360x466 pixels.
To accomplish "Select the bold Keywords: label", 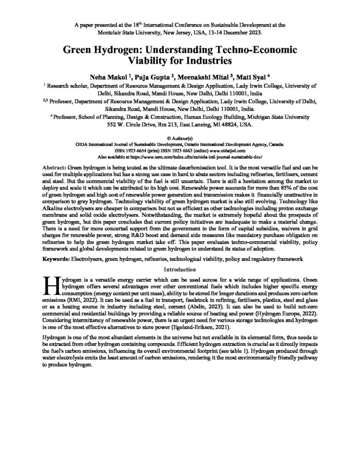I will click(x=63, y=258).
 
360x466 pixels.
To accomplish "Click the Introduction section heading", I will click(x=180, y=269).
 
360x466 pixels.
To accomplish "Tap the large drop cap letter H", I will click(x=48, y=284).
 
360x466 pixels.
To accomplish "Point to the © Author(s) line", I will click(x=180, y=137).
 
